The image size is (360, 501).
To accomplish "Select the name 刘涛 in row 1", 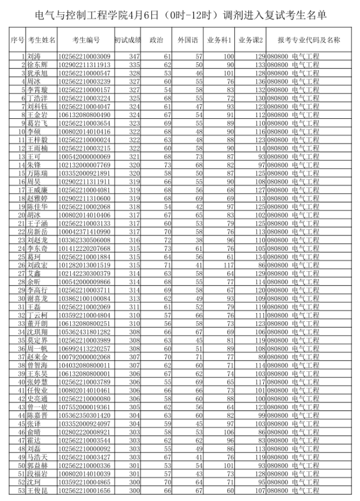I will [34, 56].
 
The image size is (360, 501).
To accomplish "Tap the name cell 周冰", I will [34, 82].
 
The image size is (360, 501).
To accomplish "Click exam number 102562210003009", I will [85, 56].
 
